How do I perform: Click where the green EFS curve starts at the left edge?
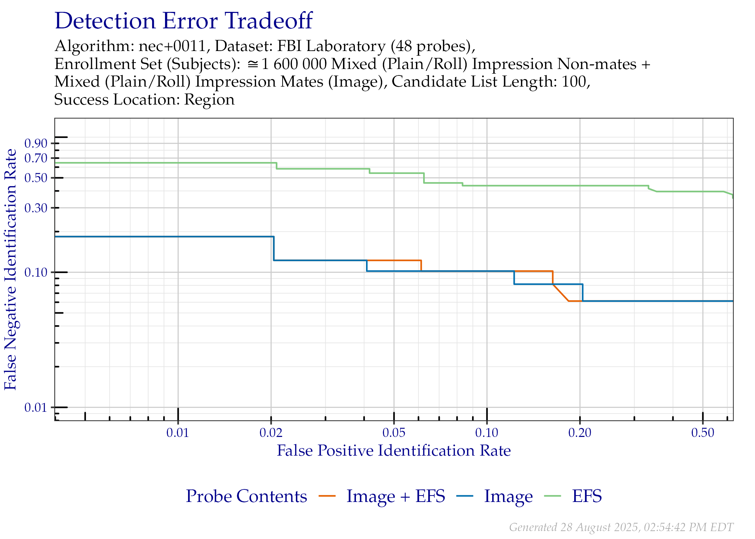pos(55,163)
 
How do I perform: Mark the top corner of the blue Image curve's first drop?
pos(274,236)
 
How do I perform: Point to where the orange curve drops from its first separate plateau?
pos(421,260)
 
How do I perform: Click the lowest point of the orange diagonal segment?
pos(568,301)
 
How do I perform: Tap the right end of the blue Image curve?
pos(733,301)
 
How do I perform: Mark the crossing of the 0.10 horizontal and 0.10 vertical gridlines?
pos(487,272)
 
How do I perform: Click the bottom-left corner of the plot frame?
pos(55,420)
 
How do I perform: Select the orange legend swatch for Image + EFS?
pos(327,496)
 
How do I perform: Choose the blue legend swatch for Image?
pos(465,496)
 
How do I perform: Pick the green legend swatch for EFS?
pos(553,496)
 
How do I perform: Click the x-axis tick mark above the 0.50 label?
pos(703,416)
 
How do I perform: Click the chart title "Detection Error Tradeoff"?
pos(184,21)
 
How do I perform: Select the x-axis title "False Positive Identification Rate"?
pos(394,451)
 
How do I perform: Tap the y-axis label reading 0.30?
pos(36,208)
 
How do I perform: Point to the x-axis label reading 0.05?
pos(394,433)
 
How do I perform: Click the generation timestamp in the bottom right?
pos(621,527)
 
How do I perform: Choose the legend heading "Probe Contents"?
pos(247,496)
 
